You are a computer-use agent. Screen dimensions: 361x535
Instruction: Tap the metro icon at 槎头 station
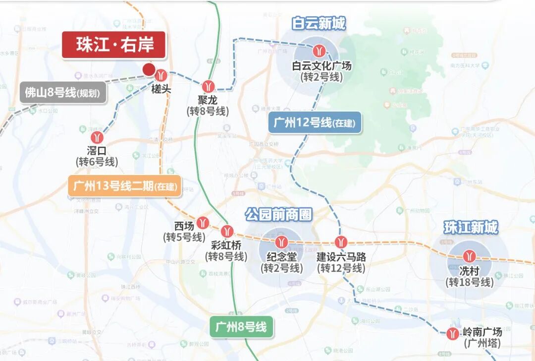(160, 76)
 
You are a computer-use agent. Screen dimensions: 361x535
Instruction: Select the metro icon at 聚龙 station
(209, 86)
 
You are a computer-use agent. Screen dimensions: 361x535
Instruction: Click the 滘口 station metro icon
(96, 137)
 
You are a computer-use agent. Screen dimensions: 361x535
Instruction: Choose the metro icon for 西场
(203, 222)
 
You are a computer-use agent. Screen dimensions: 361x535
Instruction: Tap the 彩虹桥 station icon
(227, 231)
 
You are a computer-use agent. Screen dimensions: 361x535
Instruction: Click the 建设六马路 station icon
(340, 242)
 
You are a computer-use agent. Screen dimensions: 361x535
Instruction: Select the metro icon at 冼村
(469, 256)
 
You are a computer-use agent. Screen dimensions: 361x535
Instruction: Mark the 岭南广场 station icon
(452, 333)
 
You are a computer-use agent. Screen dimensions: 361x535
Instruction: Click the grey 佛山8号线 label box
(63, 93)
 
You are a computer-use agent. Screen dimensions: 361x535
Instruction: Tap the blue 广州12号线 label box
(315, 122)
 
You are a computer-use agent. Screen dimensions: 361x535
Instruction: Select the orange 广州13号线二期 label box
(125, 186)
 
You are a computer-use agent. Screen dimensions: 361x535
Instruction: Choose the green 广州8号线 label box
(241, 327)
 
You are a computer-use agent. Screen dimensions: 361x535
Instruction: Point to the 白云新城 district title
(319, 23)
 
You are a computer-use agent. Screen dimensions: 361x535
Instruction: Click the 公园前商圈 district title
(278, 215)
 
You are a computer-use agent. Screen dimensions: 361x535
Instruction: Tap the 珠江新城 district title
(470, 228)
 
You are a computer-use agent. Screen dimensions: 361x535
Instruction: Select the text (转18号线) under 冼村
(470, 283)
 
